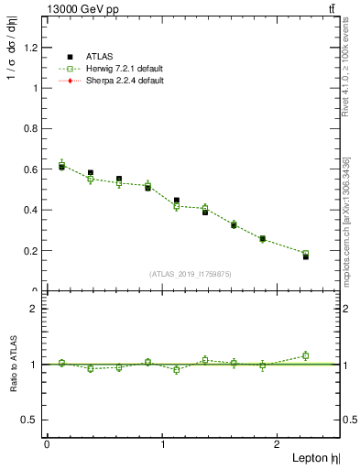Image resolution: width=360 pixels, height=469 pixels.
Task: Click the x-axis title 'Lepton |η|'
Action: [316, 457]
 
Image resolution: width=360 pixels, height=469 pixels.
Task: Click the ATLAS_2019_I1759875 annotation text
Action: [189, 273]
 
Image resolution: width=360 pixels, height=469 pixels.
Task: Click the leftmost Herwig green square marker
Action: [61, 165]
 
